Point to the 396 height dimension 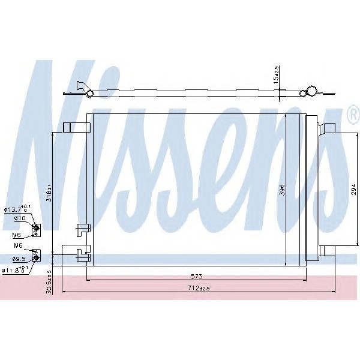tap(281, 190)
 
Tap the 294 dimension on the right tap(353, 190)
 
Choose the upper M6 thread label tap(17, 228)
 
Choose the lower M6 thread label tap(17, 245)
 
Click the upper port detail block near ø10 tap(36, 228)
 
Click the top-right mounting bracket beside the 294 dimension tap(327, 128)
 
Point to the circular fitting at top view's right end tap(311, 91)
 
